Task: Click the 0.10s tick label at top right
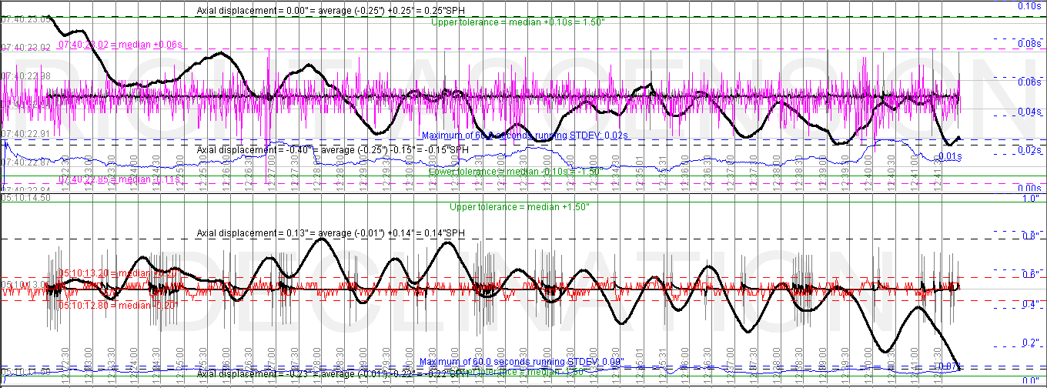pos(1030,6)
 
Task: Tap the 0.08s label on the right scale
pos(1030,44)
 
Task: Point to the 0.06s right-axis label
pos(1030,82)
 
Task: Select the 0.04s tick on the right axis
pos(1030,112)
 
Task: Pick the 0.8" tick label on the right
pos(1028,236)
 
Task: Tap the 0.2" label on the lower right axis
pos(1028,343)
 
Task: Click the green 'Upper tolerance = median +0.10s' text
pos(517,22)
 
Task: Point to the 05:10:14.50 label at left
pos(26,198)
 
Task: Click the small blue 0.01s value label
pos(950,156)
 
